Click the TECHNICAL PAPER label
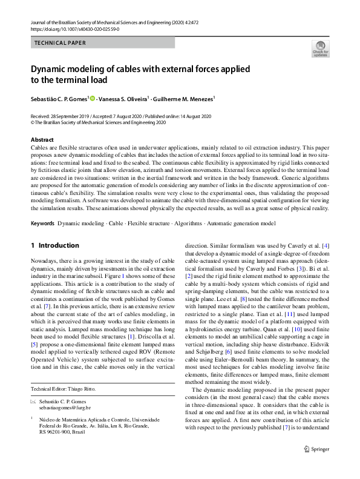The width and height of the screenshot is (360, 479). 61,43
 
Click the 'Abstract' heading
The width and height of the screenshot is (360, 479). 42,140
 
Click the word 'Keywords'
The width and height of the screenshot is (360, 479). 42,223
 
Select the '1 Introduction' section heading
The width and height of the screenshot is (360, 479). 55,245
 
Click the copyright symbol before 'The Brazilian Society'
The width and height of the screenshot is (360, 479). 33,122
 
